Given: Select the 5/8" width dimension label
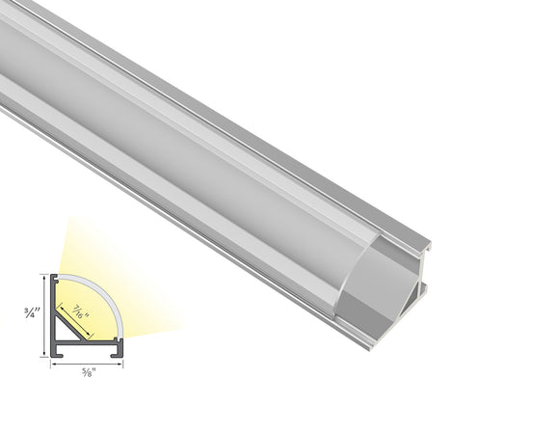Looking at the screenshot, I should (x=88, y=376).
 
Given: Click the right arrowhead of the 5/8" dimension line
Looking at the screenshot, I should (x=122, y=366).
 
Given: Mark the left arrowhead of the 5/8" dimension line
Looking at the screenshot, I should (x=54, y=366).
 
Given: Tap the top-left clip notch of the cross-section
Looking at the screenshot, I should (x=56, y=280).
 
